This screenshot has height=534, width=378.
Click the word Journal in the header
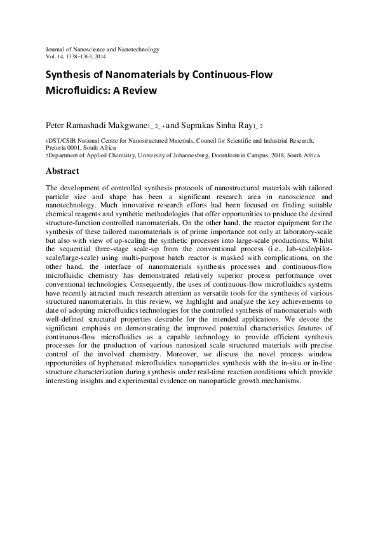56,49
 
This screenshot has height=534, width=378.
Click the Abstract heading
62,171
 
